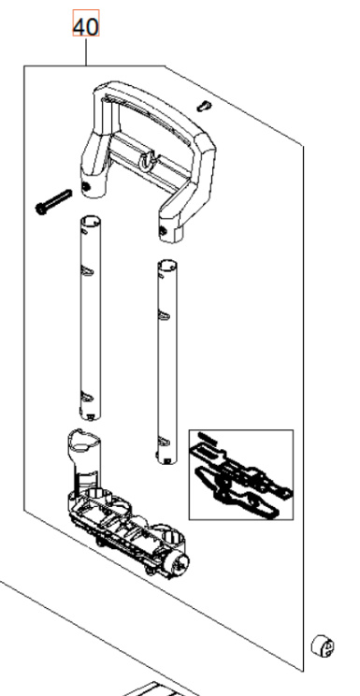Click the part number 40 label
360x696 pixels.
[x=86, y=28]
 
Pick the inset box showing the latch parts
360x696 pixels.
[x=240, y=473]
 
